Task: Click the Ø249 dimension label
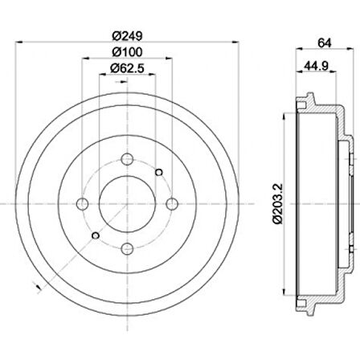tap(127, 35)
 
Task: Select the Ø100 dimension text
tap(127, 52)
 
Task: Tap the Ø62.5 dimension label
tap(127, 68)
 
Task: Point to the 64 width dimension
tap(325, 43)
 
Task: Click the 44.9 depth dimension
tap(316, 66)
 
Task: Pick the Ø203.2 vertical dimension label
tap(277, 203)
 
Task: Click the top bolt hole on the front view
tap(127, 159)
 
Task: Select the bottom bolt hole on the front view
tap(127, 249)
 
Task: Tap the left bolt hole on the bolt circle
tap(83, 204)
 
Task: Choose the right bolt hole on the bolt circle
tap(172, 204)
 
